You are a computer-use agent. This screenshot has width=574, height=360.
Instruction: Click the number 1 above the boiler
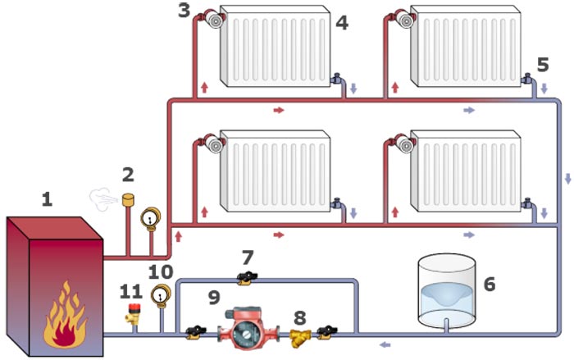[47, 199]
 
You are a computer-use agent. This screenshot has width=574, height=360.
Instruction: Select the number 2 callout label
[128, 175]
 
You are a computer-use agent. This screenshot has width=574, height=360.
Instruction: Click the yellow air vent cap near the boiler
[128, 199]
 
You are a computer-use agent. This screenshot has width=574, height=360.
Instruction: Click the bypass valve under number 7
[245, 280]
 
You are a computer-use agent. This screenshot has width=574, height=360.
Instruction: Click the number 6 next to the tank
[490, 285]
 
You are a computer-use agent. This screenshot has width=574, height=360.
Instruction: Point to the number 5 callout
[543, 63]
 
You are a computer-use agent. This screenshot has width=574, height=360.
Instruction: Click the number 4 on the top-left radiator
[341, 23]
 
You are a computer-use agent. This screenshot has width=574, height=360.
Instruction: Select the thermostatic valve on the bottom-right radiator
[403, 145]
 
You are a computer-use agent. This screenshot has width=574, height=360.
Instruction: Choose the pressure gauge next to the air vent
[151, 217]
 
